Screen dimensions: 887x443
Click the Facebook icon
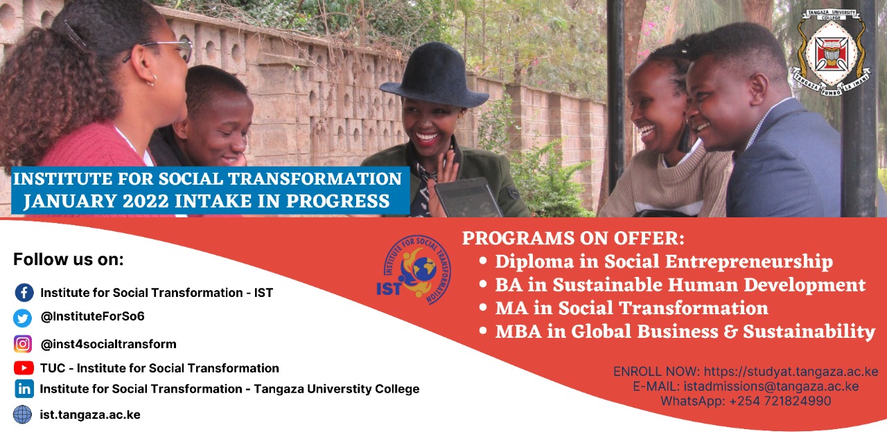point(24,293)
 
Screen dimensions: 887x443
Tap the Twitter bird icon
point(23,318)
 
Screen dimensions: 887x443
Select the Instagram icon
point(23,344)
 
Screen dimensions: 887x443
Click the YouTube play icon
point(24,368)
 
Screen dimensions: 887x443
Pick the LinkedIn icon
point(24,389)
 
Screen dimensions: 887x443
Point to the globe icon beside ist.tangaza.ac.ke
point(23,415)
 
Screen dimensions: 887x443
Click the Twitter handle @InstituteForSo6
point(92,317)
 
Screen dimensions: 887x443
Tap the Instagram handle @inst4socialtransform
point(108,344)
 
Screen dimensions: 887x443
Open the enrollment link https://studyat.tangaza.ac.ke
point(791,372)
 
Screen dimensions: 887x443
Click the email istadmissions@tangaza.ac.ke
point(771,386)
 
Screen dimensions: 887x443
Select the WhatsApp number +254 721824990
point(780,401)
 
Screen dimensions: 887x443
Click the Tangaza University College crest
point(831,52)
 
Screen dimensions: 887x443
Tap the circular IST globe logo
point(414,270)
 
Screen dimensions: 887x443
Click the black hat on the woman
point(434,75)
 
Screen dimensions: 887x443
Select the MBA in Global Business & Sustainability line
point(685,332)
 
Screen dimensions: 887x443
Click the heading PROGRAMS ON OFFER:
point(573,238)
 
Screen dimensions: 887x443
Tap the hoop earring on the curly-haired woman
point(150,80)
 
